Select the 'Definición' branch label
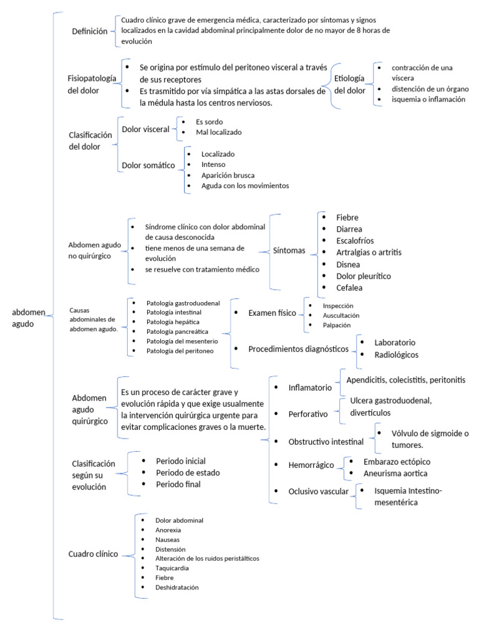[90, 31]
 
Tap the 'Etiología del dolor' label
[350, 84]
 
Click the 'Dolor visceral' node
[145, 129]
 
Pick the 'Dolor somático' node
[148, 164]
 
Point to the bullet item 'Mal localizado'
[218, 132]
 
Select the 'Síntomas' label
[289, 251]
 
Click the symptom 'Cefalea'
[349, 288]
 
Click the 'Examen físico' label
[272, 313]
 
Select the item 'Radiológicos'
[396, 355]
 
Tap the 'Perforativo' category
[308, 413]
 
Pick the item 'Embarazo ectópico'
[397, 462]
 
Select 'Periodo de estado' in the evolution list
[187, 472]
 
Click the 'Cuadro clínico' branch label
[93, 554]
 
